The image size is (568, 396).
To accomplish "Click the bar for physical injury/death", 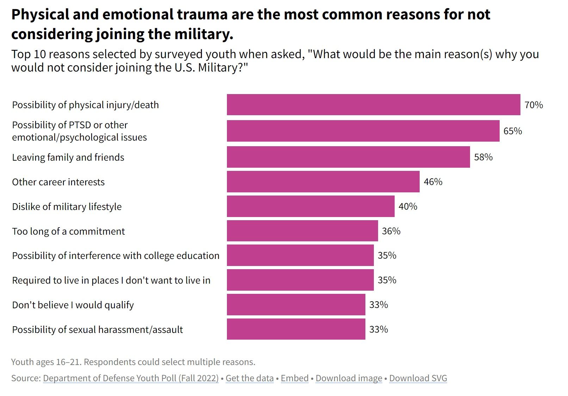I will [x=373, y=105].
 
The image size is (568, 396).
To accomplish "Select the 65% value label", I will [x=512, y=131].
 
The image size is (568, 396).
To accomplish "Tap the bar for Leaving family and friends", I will [x=348, y=157].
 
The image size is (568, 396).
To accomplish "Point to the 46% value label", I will [x=433, y=182].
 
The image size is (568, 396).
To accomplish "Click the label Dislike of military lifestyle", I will [x=67, y=207].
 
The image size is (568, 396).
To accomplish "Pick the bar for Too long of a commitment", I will [x=302, y=231].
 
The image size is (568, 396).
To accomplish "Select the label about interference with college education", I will [x=116, y=256].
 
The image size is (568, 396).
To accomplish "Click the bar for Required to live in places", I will [x=300, y=280].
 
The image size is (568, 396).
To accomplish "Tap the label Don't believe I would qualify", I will [x=73, y=305].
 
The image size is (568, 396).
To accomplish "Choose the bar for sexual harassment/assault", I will [x=296, y=329].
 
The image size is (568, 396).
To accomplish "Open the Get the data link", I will [x=249, y=378].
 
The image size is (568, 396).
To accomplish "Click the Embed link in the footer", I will [x=295, y=378].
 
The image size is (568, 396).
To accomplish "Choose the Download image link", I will [x=348, y=378].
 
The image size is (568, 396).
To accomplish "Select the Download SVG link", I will [x=418, y=378].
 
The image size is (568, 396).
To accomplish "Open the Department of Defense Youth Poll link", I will [x=131, y=378].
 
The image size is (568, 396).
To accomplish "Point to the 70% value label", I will [x=533, y=105].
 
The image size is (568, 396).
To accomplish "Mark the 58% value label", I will [x=483, y=157].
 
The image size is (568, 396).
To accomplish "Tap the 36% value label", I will [x=391, y=231].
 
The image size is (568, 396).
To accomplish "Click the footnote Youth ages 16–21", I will [x=133, y=362].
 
